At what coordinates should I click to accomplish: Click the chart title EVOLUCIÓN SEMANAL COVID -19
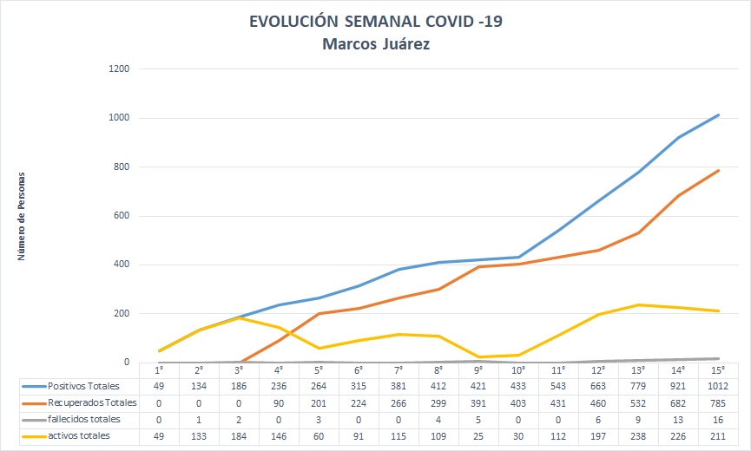375,22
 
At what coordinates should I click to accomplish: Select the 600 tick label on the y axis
121,216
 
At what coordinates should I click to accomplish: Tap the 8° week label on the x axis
438,369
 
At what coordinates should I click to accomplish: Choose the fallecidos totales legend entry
84,419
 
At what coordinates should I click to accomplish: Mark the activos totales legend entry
79,435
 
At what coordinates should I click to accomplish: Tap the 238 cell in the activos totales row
638,435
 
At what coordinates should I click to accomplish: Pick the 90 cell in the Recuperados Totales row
279,402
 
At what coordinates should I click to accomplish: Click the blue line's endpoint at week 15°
719,114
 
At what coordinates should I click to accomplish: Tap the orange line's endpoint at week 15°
719,170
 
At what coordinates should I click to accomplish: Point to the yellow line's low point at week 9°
478,356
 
